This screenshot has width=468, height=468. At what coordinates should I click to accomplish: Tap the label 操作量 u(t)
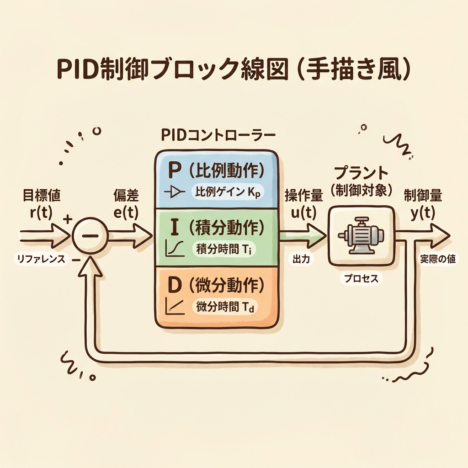[304, 204]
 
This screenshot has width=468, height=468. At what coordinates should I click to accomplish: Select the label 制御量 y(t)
[423, 204]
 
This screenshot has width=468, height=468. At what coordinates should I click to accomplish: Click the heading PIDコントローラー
[219, 136]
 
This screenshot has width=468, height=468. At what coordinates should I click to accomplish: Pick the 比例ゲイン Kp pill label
[227, 192]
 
